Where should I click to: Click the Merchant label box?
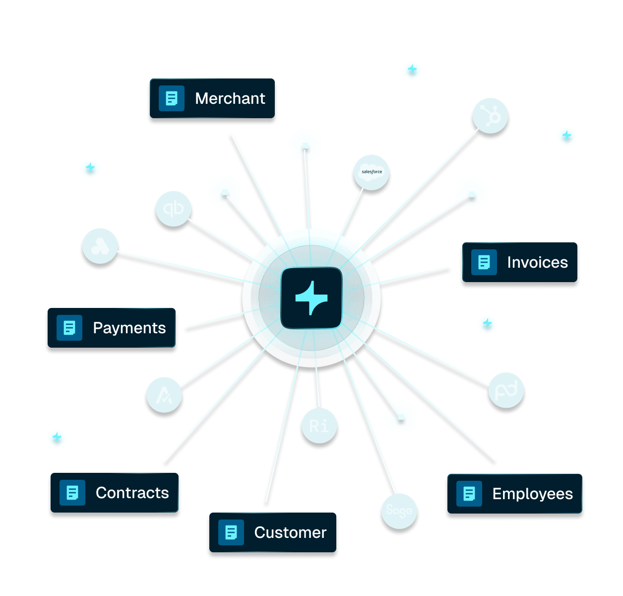212,98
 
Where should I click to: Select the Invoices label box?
519,262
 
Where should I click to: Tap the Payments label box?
112,328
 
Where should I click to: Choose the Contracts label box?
115,493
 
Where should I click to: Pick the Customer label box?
273,533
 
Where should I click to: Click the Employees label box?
514,494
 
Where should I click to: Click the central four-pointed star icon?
311,298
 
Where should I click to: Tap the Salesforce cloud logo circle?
372,172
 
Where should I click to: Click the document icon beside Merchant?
172,98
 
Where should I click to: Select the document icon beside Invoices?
484,262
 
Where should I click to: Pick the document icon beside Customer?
231,533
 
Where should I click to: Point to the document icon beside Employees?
469,494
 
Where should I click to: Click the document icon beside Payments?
69,328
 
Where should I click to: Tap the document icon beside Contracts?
72,493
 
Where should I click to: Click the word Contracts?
132,493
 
